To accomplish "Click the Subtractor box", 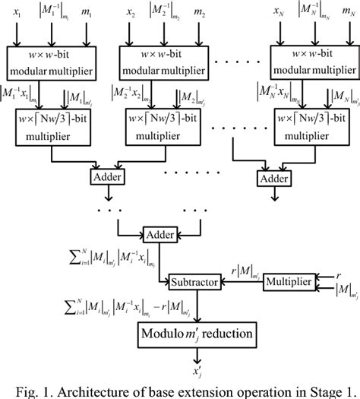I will click(x=196, y=281).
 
